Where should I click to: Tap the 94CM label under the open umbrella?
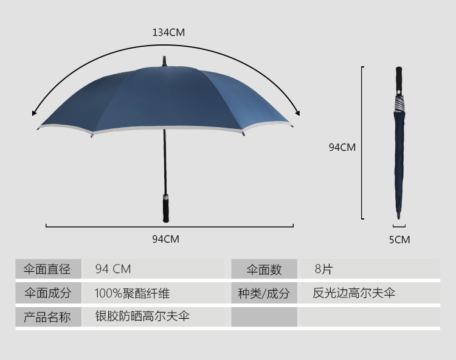pyautogui.click(x=165, y=239)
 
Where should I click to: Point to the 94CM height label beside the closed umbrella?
pyautogui.click(x=342, y=147)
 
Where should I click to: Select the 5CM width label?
pyautogui.click(x=399, y=240)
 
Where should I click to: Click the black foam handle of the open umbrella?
pyautogui.click(x=165, y=208)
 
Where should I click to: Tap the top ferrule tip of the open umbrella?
pyautogui.click(x=164, y=61)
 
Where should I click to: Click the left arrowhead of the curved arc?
pyautogui.click(x=35, y=112)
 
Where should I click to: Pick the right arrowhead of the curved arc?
pyautogui.click(x=297, y=111)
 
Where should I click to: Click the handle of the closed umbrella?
pyautogui.click(x=399, y=78)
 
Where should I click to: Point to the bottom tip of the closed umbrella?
pyautogui.click(x=399, y=215)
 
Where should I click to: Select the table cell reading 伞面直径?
pyautogui.click(x=47, y=269)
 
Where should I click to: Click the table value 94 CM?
pyautogui.click(x=113, y=269)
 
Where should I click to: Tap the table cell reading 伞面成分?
pyautogui.click(x=47, y=293)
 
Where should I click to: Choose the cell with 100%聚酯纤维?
pyautogui.click(x=132, y=293)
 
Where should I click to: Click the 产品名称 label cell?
pyautogui.click(x=47, y=317)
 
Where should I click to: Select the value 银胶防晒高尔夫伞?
pyautogui.click(x=142, y=316)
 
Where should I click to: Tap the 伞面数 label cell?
pyautogui.click(x=264, y=269)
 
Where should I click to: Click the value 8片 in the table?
pyautogui.click(x=323, y=269)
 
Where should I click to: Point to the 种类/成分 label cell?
pyautogui.click(x=264, y=293)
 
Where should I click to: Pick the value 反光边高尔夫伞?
pyautogui.click(x=354, y=293)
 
